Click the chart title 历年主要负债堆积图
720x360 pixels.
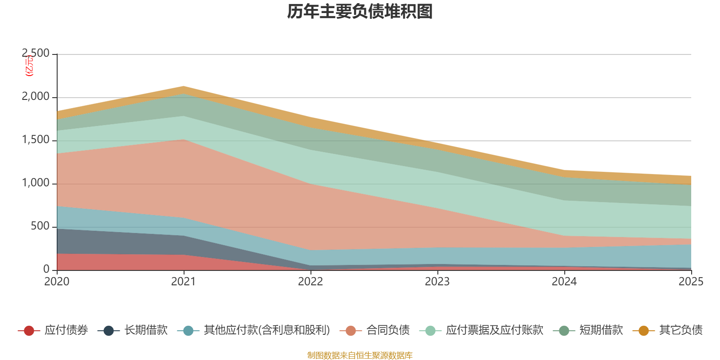pos(360,12)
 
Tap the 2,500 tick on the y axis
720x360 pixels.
pos(36,54)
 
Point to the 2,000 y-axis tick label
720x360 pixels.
pos(36,97)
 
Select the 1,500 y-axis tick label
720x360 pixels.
pos(36,140)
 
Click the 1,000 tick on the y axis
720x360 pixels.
pos(36,183)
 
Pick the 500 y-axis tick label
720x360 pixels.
pos(40,226)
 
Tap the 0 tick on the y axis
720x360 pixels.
pos(46,270)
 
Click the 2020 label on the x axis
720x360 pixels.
pos(57,282)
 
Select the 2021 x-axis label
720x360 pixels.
pos(184,282)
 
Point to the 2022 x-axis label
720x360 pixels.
pos(310,282)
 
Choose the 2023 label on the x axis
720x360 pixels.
pos(437,282)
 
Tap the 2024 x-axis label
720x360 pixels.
pos(564,282)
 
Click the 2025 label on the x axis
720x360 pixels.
pos(691,282)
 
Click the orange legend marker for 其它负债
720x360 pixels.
pos(643,331)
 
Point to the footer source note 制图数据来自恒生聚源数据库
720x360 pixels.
pos(360,355)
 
